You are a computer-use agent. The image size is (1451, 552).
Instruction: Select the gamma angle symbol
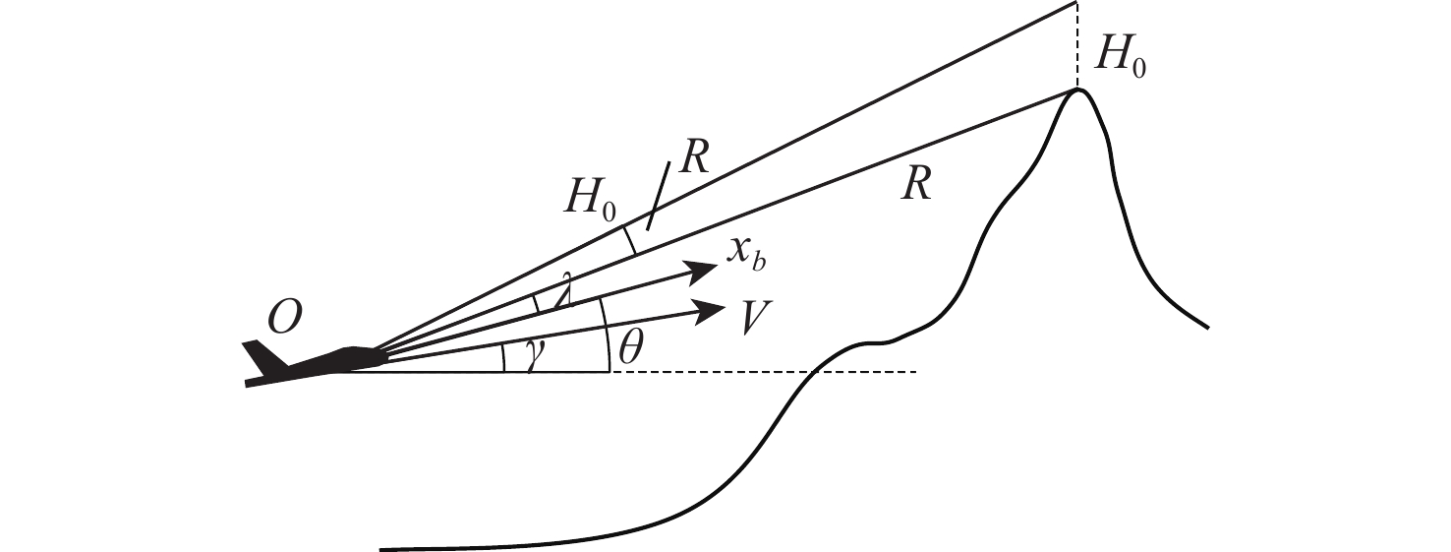[x=535, y=359]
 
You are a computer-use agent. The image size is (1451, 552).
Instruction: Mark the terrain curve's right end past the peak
[x=1204, y=326]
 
